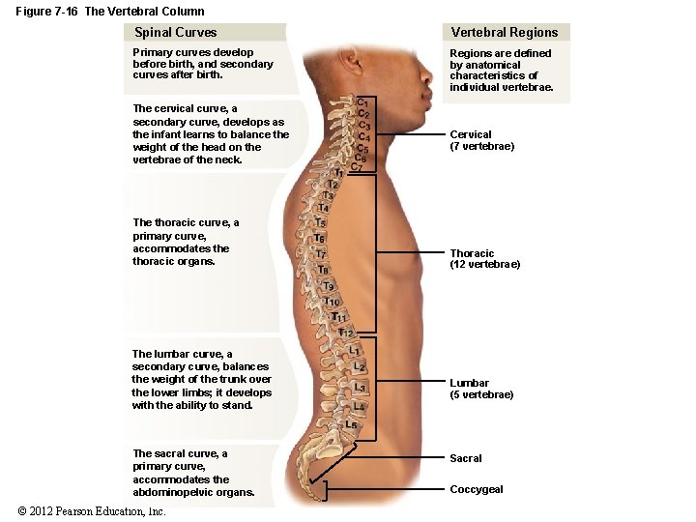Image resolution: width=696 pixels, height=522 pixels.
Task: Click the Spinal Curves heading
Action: pos(175,33)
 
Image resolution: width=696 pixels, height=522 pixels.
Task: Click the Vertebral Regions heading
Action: pos(505,33)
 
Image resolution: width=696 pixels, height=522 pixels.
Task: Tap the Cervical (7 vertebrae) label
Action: pos(481,140)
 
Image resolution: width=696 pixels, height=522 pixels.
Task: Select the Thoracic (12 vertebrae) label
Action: pos(484,259)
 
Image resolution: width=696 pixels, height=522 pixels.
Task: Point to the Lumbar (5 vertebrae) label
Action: pos(480,389)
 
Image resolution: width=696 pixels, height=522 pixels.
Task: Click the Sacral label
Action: pos(465,458)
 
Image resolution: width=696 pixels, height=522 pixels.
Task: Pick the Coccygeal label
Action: pos(476,489)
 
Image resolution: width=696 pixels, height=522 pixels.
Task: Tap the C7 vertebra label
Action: pos(356,166)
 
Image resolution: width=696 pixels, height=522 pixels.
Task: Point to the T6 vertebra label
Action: pos(319,238)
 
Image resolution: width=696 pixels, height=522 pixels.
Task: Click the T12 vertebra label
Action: pos(345,333)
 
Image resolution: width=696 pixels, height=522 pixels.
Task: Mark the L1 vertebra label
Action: pos(355,350)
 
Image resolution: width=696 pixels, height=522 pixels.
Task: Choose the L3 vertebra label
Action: pos(360,387)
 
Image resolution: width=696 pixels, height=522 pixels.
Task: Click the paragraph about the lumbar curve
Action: pos(201,380)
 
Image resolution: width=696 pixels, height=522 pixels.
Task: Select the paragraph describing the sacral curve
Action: pos(193,473)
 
